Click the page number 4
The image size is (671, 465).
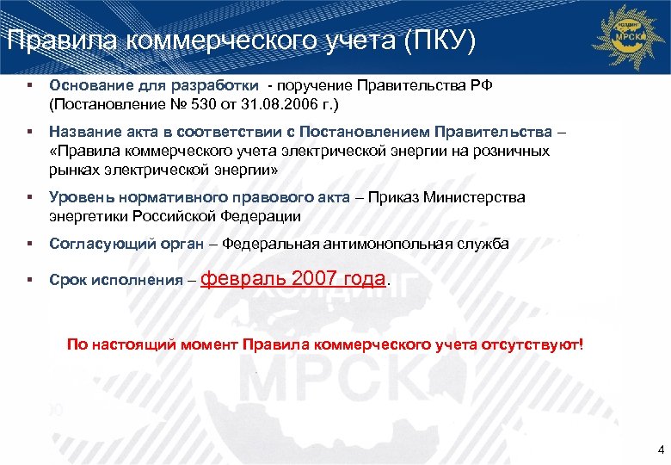[660, 449]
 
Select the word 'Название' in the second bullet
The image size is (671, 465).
[82, 132]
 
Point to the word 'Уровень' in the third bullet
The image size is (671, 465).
[77, 197]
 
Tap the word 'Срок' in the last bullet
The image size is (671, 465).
[66, 281]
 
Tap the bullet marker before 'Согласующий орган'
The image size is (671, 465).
[29, 244]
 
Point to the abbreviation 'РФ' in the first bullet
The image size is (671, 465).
[481, 86]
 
